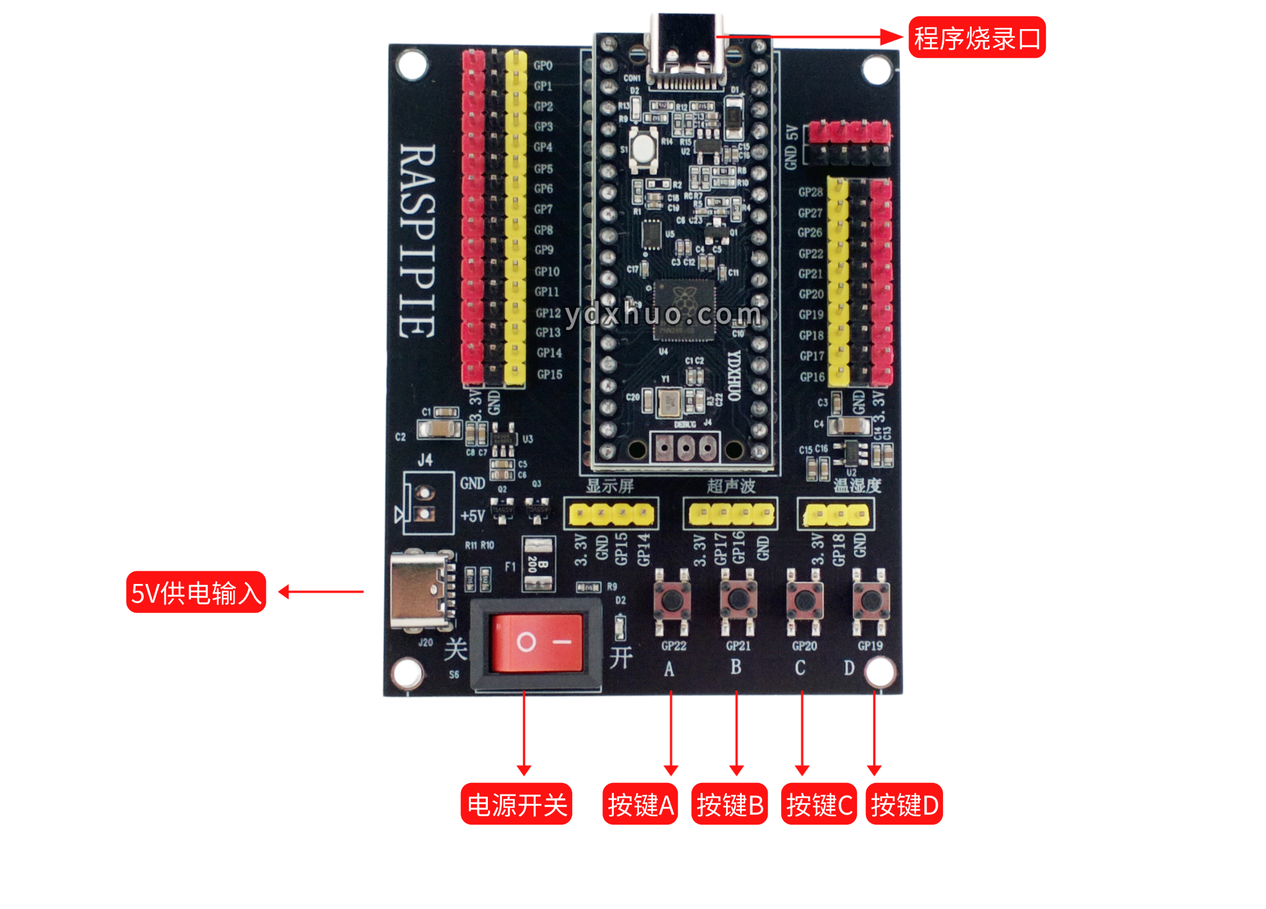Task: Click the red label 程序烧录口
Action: [976, 38]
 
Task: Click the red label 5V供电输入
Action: [196, 592]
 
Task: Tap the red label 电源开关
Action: [516, 804]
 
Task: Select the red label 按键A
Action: [640, 804]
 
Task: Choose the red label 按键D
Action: [904, 804]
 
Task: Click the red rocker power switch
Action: [536, 643]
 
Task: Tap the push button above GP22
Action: [672, 600]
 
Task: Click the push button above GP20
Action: [804, 600]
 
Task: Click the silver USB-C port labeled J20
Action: [419, 591]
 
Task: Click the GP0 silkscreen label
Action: [543, 66]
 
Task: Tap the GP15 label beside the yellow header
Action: [549, 375]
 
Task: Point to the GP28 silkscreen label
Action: [810, 192]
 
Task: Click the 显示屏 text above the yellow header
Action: [610, 486]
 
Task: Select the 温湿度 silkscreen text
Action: [857, 486]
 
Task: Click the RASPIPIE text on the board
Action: [418, 241]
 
